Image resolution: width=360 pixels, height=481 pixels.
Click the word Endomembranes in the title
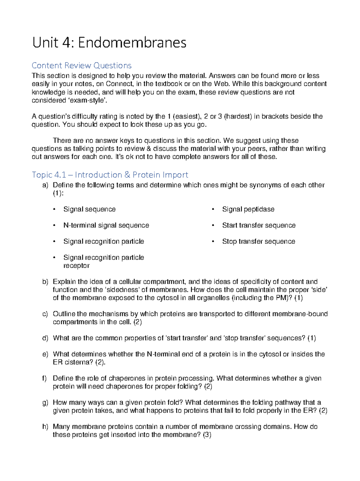point(132,43)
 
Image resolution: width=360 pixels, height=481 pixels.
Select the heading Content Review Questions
point(82,65)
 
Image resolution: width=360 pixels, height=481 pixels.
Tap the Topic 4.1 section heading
point(110,175)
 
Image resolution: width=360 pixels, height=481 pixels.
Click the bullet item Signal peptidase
point(248,209)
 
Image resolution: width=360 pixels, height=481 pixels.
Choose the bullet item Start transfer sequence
point(259,225)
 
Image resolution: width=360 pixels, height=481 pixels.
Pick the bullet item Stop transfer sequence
point(258,241)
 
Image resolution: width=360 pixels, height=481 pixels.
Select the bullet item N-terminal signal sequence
point(106,225)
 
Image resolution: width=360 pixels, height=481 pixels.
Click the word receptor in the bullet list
point(76,266)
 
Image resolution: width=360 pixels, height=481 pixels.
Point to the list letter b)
point(45,282)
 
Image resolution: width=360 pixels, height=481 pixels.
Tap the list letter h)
point(45,427)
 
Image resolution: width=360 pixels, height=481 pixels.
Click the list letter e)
point(45,354)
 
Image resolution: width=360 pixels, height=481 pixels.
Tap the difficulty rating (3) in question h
point(207,435)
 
